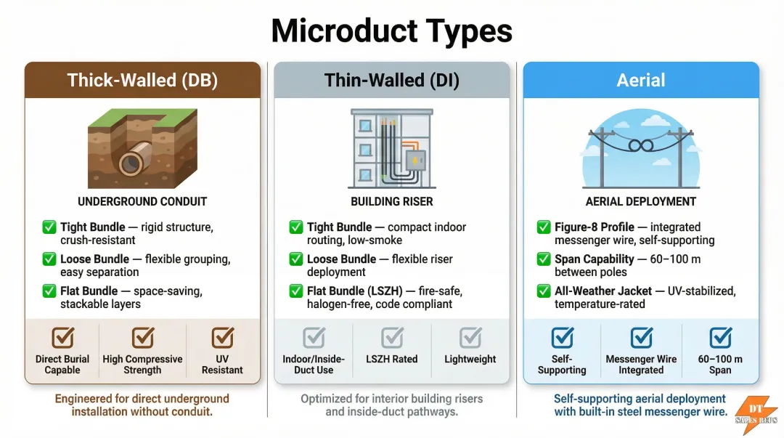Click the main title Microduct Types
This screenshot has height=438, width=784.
[391, 31]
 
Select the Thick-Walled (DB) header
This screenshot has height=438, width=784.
[142, 80]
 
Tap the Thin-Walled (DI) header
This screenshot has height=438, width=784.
[391, 80]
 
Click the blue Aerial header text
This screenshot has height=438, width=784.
[641, 80]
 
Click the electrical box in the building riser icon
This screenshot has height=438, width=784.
[415, 161]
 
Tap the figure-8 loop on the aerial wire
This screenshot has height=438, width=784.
[641, 146]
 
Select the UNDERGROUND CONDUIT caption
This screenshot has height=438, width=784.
[142, 202]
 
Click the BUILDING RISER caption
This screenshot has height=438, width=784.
[391, 202]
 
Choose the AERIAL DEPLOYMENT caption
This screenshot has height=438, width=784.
[641, 202]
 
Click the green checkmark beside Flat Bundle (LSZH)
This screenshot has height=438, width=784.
[296, 291]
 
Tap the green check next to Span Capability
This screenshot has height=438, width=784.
[544, 259]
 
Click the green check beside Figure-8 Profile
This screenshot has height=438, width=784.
[544, 227]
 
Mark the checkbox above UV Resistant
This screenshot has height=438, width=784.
[222, 338]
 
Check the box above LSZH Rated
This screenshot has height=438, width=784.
[392, 338]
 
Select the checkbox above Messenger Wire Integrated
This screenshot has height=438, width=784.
[641, 338]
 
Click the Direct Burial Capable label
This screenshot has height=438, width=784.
[62, 365]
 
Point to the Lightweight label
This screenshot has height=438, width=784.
[470, 359]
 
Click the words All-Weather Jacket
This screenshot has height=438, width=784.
[603, 291]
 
